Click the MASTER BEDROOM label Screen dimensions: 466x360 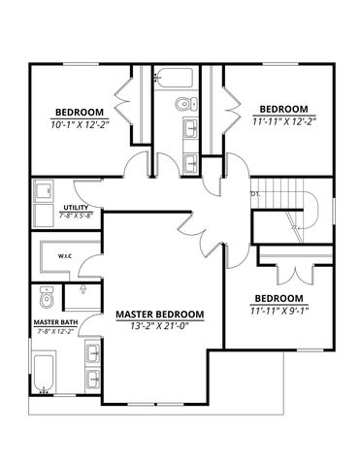click(160, 315)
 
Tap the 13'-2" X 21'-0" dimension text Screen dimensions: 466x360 click(160, 327)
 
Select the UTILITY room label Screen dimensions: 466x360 click(75, 207)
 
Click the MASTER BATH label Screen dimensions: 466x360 click(55, 321)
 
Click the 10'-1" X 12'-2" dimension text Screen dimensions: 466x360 click(74, 123)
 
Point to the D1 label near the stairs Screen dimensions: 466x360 click(255, 193)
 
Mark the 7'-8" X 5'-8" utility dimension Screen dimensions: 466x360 click(77, 216)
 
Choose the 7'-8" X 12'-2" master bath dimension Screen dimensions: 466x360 click(55, 332)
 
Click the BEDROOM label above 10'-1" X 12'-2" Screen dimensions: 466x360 click(74, 111)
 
